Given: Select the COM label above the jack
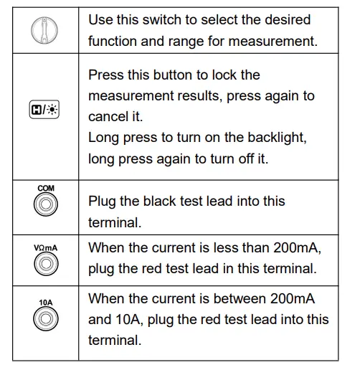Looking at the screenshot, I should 45,189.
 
